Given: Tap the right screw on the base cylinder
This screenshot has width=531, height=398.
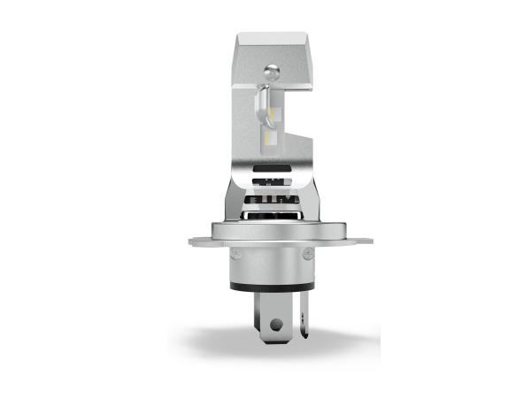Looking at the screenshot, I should (307, 256).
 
